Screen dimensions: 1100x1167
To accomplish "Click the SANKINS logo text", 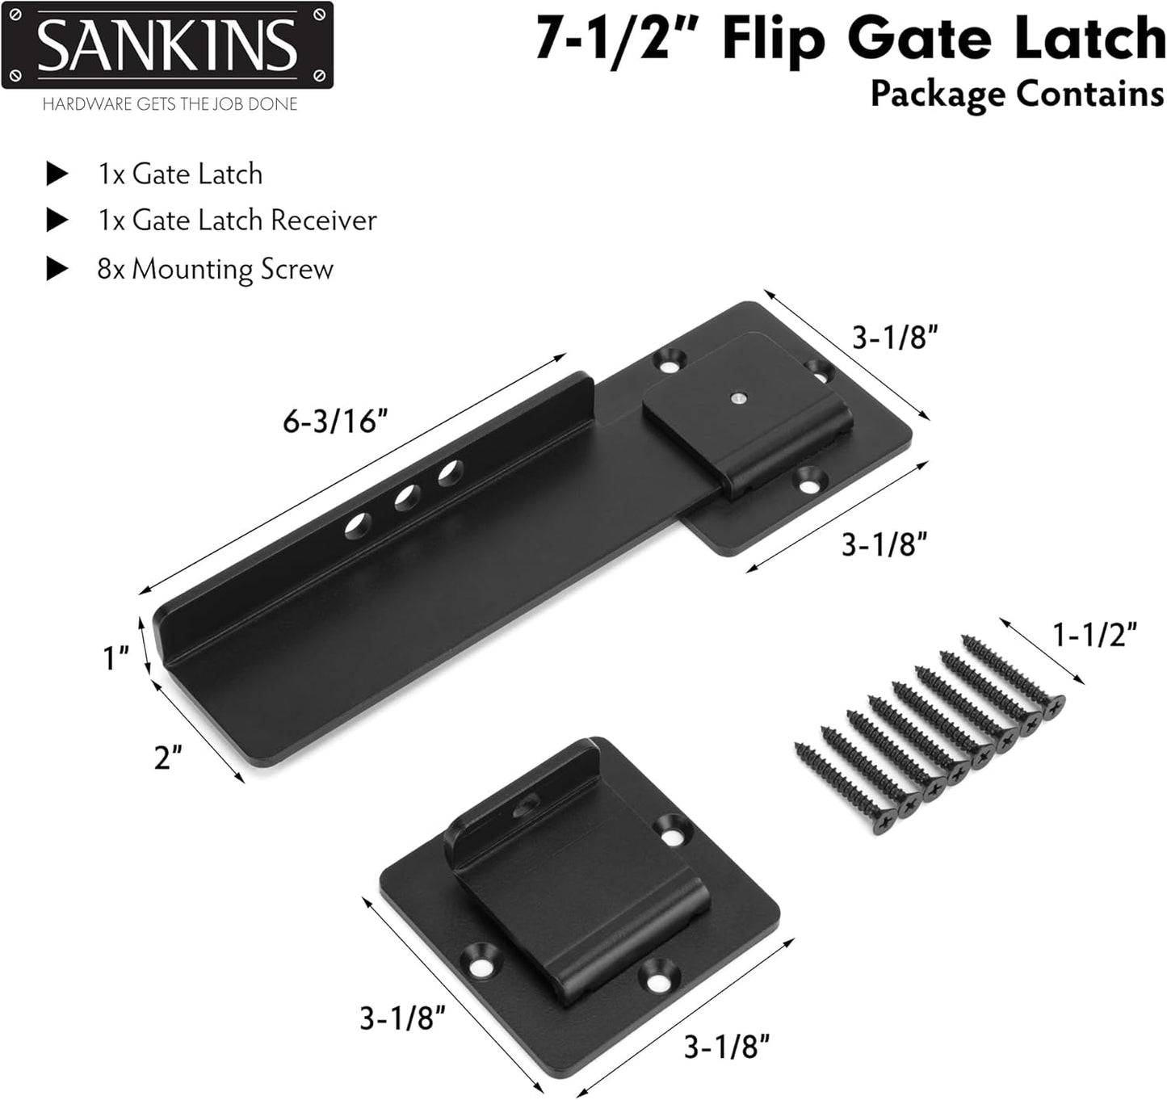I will pyautogui.click(x=167, y=45).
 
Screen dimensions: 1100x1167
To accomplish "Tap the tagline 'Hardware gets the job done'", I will pyautogui.click(x=170, y=104).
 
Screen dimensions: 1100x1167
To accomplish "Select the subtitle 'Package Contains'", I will pyautogui.click(x=1017, y=94).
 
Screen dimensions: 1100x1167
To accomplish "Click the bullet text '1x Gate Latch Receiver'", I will pyautogui.click(x=237, y=220).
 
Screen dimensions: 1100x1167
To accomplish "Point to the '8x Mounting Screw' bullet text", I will pyautogui.click(x=215, y=269).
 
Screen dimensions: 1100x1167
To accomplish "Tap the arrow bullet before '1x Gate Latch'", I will pyautogui.click(x=57, y=174).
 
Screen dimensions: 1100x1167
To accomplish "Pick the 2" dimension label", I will pyautogui.click(x=167, y=758).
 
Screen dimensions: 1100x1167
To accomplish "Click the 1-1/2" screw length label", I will pyautogui.click(x=1095, y=635).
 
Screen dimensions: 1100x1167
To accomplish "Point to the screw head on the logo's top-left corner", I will pyautogui.click(x=14, y=14).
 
